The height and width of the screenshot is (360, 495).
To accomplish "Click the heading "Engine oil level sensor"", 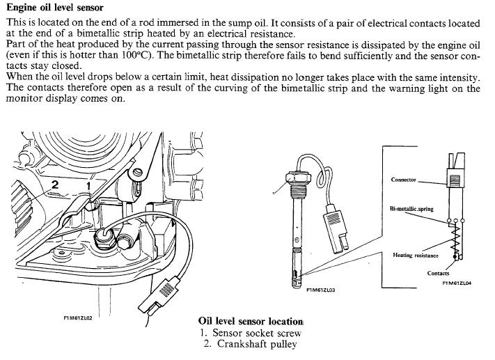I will point(56,8).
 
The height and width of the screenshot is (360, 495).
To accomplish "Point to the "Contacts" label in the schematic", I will point(439,273).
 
